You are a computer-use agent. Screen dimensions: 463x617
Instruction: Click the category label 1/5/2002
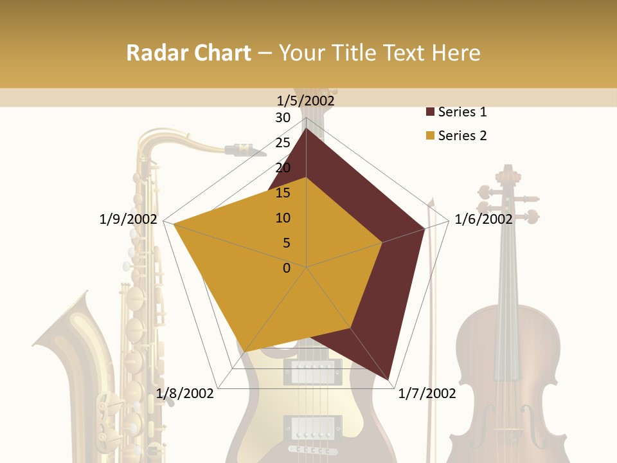306,100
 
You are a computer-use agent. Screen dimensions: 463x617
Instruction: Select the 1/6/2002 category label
483,219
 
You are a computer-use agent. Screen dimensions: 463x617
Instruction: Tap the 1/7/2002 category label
427,394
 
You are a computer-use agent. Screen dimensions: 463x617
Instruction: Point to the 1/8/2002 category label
185,394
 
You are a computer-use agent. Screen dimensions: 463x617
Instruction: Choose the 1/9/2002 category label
129,219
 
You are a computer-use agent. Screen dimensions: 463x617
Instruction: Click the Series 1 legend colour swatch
430,113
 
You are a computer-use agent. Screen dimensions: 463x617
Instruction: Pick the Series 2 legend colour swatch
430,136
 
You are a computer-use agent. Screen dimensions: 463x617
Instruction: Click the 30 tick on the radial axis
283,118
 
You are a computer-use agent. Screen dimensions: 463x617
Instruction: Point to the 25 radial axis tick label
283,143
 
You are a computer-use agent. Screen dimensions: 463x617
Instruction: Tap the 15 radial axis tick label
283,193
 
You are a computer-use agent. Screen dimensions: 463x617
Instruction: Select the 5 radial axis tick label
287,243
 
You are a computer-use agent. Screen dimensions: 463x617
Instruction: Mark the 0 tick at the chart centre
287,268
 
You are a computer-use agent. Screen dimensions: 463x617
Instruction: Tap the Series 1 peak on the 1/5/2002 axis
306,129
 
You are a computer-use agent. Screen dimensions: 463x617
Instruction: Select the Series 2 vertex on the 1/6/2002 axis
382,242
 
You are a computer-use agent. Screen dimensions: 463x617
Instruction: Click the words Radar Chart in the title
188,53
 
